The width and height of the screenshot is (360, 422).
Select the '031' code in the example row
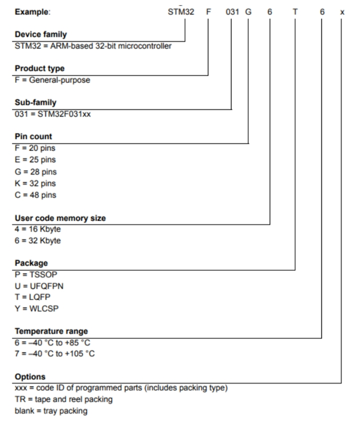pos(232,12)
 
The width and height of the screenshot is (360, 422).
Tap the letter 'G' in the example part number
pos(248,12)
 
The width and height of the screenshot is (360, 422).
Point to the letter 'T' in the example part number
pos(295,12)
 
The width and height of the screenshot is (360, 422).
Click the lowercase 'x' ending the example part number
pos(342,12)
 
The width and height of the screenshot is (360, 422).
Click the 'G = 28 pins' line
pos(36,171)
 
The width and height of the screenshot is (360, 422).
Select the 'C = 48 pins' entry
pos(36,195)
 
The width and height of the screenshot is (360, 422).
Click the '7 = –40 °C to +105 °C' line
pos(55,354)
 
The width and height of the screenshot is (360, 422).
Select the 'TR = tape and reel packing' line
pos(64,400)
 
